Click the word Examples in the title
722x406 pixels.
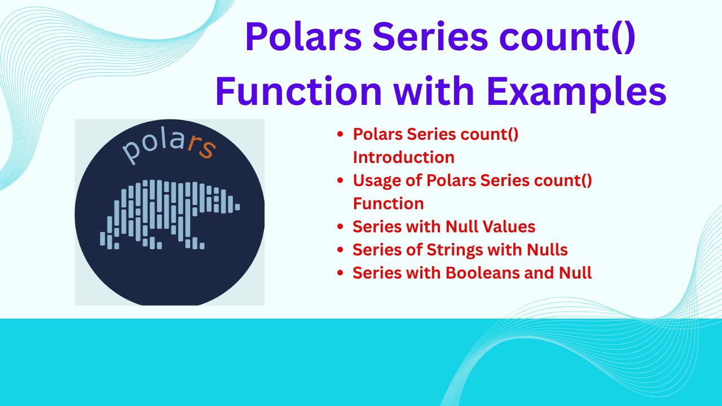576,91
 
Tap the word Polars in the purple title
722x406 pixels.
303,36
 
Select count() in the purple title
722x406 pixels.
567,37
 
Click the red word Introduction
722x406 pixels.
403,157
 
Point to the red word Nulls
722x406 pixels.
547,249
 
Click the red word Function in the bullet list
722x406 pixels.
388,204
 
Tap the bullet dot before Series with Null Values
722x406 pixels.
340,227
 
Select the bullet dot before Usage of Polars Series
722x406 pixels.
340,180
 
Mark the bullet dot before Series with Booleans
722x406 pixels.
340,272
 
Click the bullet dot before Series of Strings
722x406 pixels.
340,250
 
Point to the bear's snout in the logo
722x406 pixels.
235,206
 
